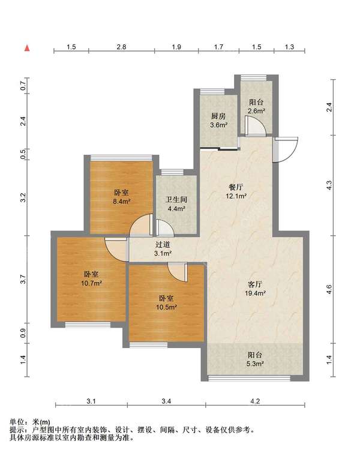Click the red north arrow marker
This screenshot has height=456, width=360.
coord(27,48)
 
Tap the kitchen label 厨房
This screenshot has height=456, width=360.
coord(218,116)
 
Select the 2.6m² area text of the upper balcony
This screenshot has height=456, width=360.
coord(256,111)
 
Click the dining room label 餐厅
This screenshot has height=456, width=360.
coord(236,187)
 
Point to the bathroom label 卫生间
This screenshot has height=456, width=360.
coord(176,200)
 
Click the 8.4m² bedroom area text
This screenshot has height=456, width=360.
coord(121,201)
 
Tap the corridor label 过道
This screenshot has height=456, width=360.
coord(163,245)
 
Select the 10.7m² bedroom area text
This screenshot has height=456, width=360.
coord(91,283)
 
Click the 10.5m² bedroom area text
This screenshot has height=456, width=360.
coord(167,307)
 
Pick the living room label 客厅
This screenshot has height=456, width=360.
coord(255,284)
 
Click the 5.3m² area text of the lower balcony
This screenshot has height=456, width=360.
coord(256,364)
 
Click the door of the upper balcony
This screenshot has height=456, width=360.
coord(256,126)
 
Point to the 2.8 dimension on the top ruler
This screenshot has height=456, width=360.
coord(121,47)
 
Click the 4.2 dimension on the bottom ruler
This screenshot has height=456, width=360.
coord(255,401)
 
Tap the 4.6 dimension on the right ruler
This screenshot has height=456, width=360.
coord(329,290)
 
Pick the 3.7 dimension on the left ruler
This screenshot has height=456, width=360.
coord(24,279)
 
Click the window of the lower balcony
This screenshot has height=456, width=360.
coord(250,378)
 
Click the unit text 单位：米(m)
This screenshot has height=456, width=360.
coord(29,422)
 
